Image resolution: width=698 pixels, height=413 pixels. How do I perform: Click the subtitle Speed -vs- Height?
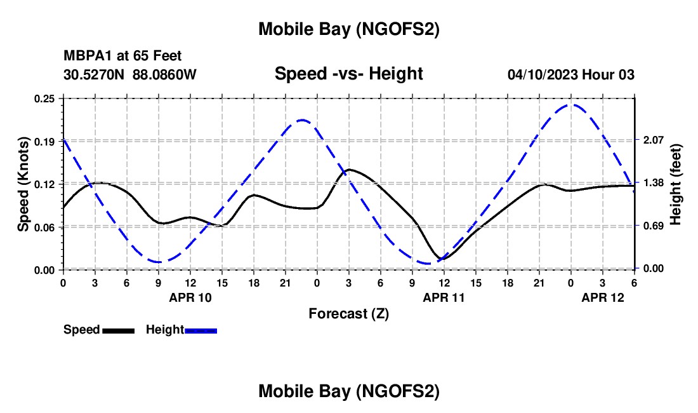(348, 74)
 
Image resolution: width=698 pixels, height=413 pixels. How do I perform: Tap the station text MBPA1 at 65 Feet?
(122, 57)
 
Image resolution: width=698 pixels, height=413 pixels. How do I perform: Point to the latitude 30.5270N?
(95, 75)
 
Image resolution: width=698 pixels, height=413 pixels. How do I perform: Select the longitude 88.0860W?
(165, 75)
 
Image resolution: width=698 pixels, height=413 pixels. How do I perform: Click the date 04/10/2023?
(543, 75)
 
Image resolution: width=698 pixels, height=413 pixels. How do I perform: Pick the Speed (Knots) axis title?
(23, 184)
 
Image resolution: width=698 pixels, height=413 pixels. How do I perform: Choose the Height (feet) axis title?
(675, 184)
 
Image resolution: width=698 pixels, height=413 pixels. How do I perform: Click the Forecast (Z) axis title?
(348, 313)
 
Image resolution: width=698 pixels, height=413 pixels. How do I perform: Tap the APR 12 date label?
(603, 297)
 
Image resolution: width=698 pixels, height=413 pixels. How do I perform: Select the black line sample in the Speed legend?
(118, 330)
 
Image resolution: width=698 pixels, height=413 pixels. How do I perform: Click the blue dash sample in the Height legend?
(201, 330)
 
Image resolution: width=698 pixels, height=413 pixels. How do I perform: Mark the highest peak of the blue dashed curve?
(572, 104)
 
